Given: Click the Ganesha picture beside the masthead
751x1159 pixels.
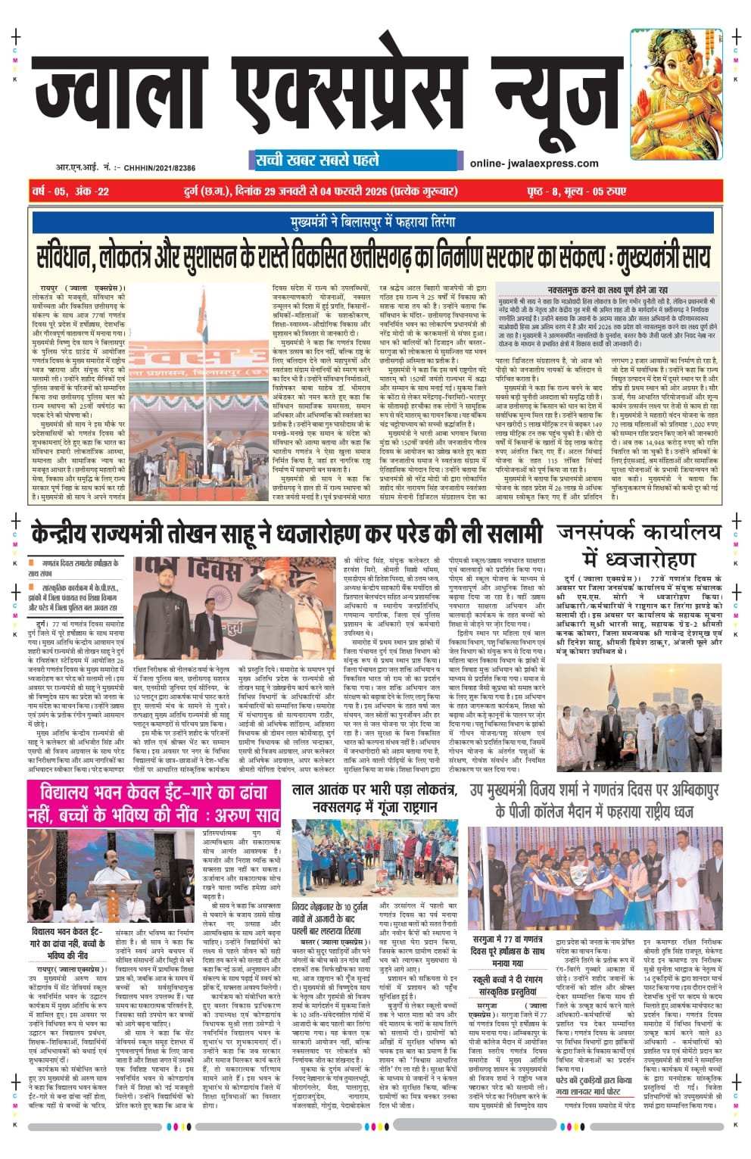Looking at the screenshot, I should (676, 95).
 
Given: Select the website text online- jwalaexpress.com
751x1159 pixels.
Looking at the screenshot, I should (534, 163).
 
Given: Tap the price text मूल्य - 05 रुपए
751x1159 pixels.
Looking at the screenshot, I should (594, 192).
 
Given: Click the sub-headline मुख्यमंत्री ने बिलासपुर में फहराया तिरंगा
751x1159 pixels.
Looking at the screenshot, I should (372, 223).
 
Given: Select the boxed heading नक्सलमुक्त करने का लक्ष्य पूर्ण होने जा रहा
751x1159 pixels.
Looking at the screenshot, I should (608, 290).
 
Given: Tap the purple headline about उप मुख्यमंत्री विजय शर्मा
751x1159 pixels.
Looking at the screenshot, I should (593, 800).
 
